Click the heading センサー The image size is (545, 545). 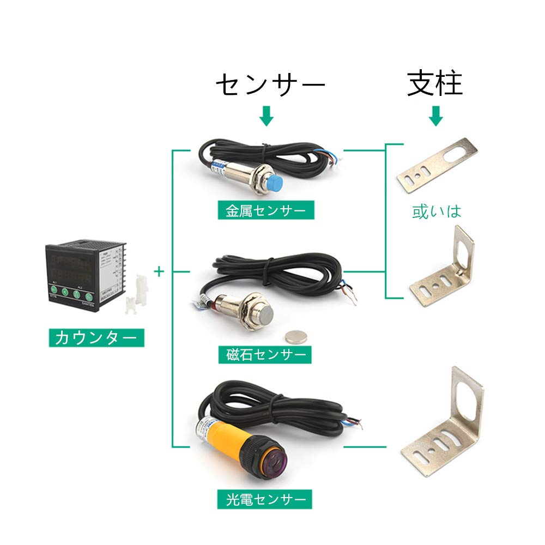[x=270, y=85]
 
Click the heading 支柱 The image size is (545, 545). [x=435, y=84]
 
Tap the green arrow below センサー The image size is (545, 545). [x=266, y=116]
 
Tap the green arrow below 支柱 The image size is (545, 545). [x=435, y=116]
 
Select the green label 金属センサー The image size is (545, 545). [x=266, y=210]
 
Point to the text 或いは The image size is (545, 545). [x=437, y=211]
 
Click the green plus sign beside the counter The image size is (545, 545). [x=159, y=271]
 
